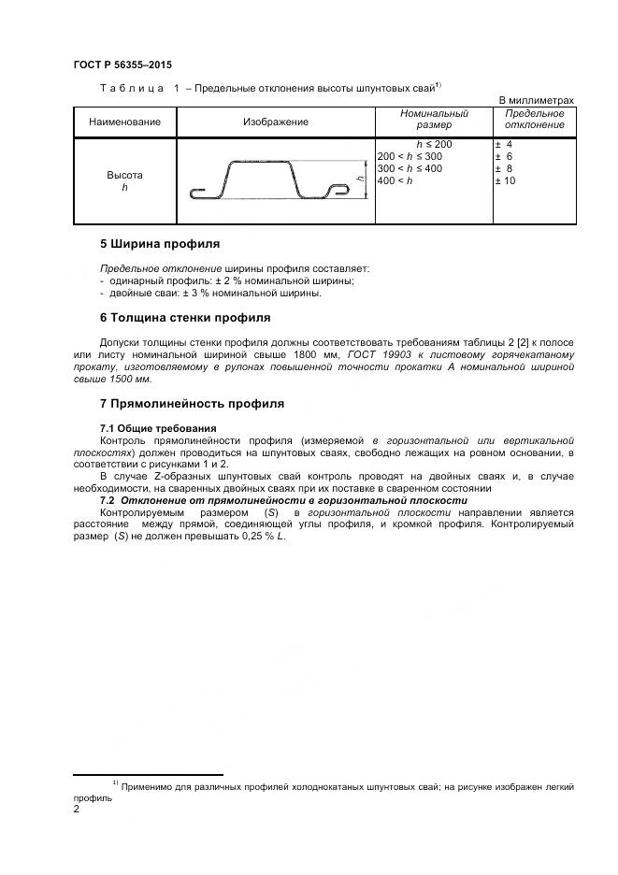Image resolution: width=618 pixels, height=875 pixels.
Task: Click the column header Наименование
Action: (x=124, y=122)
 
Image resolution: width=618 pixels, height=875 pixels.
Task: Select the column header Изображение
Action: (x=276, y=122)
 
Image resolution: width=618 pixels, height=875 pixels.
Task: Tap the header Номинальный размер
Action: (x=433, y=119)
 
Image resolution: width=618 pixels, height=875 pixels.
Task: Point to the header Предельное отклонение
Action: (x=534, y=119)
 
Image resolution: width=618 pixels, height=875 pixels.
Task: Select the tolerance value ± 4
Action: (x=503, y=145)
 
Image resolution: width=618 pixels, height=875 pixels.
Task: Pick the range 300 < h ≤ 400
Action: (x=410, y=168)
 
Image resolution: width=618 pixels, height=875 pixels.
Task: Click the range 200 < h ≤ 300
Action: (x=410, y=156)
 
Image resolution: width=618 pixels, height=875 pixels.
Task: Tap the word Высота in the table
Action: (x=124, y=175)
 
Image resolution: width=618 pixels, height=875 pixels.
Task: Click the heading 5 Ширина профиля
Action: (x=159, y=244)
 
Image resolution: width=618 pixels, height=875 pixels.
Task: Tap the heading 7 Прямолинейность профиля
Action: (x=192, y=404)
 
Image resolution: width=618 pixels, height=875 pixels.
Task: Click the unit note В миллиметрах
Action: (x=536, y=100)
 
